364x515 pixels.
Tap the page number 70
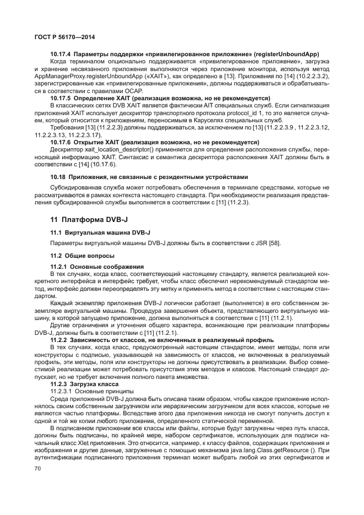pyautogui.click(x=38, y=468)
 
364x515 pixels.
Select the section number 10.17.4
pyautogui.click(x=62, y=55)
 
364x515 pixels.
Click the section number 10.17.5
pyautogui.click(x=62, y=97)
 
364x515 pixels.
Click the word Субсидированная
pyautogui.click(x=74, y=187)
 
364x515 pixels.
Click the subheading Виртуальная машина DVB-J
pyautogui.click(x=104, y=232)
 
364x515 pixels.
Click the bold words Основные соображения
pyautogui.click(x=102, y=266)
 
